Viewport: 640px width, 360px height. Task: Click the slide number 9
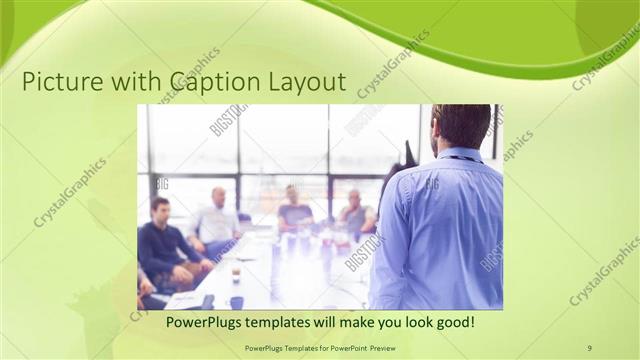point(589,347)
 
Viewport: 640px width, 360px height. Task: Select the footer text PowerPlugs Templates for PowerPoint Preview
point(320,347)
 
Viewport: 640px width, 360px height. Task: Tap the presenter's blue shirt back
point(440,230)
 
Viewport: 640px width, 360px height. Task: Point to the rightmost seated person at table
point(354,212)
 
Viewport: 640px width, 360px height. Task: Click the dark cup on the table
point(236,300)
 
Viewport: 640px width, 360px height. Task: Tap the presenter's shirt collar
point(458,154)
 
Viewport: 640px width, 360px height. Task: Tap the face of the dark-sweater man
point(161,211)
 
